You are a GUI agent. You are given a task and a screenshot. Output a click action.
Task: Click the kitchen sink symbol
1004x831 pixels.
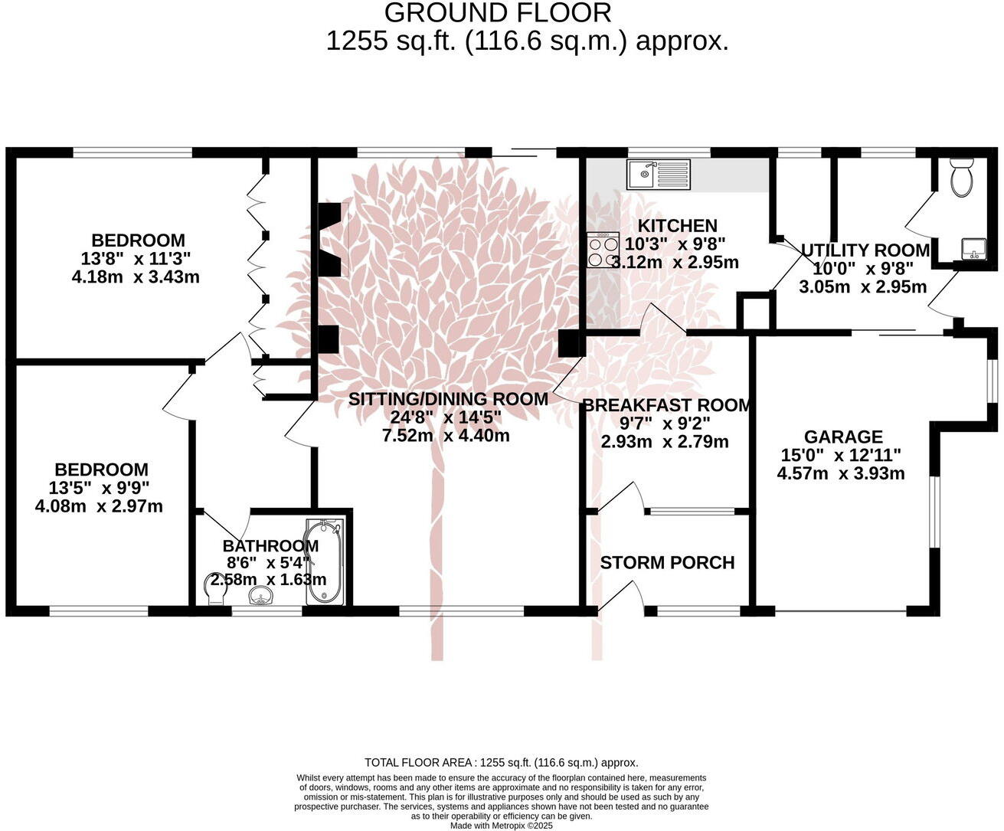pyautogui.click(x=658, y=175)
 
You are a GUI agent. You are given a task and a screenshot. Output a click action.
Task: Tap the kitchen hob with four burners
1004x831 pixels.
pyautogui.click(x=603, y=250)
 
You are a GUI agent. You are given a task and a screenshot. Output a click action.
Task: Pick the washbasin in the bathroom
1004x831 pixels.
pyautogui.click(x=263, y=597)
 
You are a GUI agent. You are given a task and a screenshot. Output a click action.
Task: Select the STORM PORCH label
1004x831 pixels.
pyautogui.click(x=667, y=563)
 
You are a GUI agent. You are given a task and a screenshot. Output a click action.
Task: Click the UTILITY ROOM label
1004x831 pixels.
pyautogui.click(x=865, y=250)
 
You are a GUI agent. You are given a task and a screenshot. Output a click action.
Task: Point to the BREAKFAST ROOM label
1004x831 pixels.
pyautogui.click(x=667, y=405)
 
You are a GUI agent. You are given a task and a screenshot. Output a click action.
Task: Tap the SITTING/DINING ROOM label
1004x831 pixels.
pyautogui.click(x=448, y=399)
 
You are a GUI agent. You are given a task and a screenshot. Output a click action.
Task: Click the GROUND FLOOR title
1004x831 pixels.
pyautogui.click(x=498, y=13)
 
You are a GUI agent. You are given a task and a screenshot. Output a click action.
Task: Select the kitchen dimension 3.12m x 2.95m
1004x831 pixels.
pyautogui.click(x=674, y=263)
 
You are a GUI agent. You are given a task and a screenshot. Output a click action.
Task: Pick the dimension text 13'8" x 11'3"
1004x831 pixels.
pyautogui.click(x=136, y=258)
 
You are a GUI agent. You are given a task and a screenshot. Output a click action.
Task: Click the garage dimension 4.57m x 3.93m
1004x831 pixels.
pyautogui.click(x=840, y=473)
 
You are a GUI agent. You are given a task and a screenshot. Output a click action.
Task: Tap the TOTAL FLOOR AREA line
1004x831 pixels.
pyautogui.click(x=502, y=762)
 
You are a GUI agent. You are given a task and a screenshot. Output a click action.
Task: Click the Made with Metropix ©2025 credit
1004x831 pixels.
pyautogui.click(x=501, y=826)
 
